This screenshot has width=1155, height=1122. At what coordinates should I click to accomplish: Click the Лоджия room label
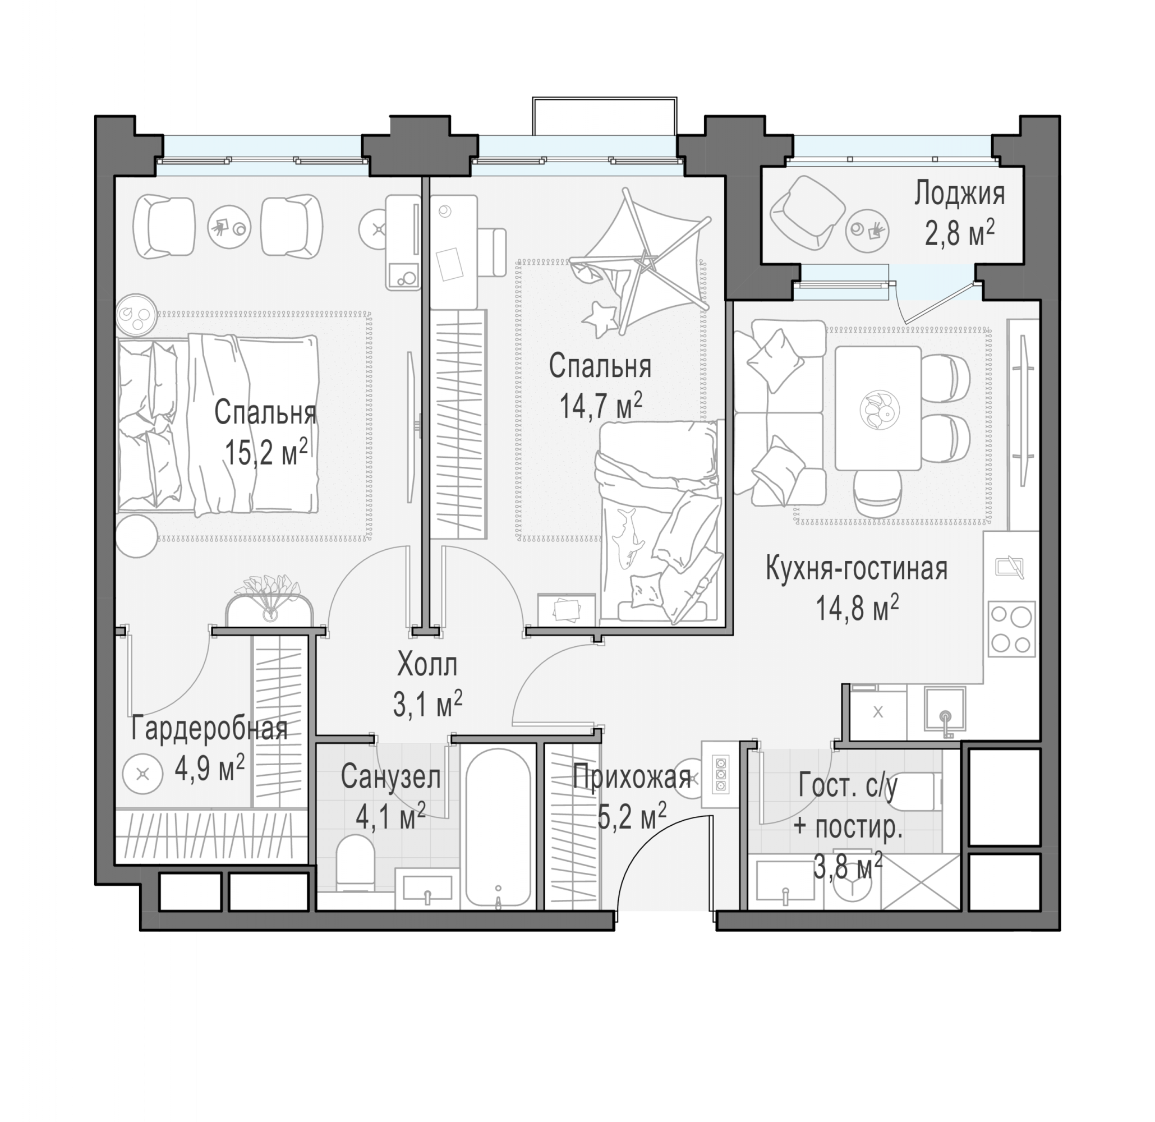coord(959,195)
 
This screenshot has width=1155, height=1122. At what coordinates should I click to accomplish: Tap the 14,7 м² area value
coord(600,406)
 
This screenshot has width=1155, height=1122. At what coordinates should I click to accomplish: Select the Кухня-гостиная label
coord(856,569)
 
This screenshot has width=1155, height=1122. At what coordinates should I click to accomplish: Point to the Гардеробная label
coord(209,728)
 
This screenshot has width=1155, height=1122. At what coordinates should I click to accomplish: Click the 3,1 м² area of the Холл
coord(427,704)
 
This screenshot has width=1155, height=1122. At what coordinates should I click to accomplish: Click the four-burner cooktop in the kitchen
coord(1012,629)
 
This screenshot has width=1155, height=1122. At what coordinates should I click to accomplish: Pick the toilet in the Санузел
coord(355,864)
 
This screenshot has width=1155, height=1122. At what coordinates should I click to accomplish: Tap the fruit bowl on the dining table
coord(880,408)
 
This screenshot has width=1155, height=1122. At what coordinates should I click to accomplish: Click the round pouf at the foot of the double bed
coord(137,536)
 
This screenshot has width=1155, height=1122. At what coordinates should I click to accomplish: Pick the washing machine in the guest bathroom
coord(852,881)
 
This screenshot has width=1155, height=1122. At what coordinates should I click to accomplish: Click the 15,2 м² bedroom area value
coord(266,452)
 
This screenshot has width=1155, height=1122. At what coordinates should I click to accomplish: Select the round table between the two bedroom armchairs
coord(229,227)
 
